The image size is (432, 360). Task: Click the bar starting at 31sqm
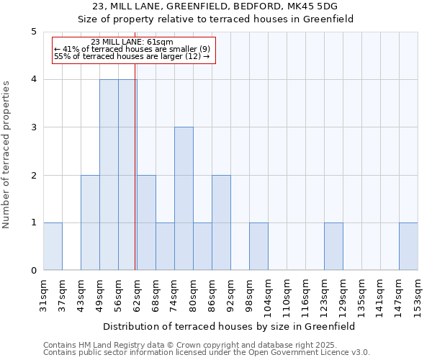[x=53, y=246]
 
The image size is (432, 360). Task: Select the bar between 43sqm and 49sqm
[x=90, y=222]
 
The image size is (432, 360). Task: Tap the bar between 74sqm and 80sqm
[x=184, y=199]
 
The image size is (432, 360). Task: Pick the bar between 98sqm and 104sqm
[x=258, y=246]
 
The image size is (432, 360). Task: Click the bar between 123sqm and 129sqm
[x=333, y=246]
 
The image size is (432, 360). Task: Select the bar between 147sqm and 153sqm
[x=408, y=246]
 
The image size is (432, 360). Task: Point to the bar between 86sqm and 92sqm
[x=221, y=222]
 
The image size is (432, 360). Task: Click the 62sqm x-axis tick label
[x=137, y=294]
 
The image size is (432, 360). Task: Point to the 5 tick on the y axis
[x=33, y=32]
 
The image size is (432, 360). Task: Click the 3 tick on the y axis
[x=33, y=127]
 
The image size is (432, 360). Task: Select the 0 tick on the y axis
[x=33, y=271]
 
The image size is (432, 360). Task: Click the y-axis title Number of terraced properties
[x=7, y=155]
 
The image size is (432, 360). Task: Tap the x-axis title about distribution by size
[x=230, y=326]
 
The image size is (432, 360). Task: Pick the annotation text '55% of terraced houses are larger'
[x=132, y=56]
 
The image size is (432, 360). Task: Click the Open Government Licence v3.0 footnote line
[x=207, y=352]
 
